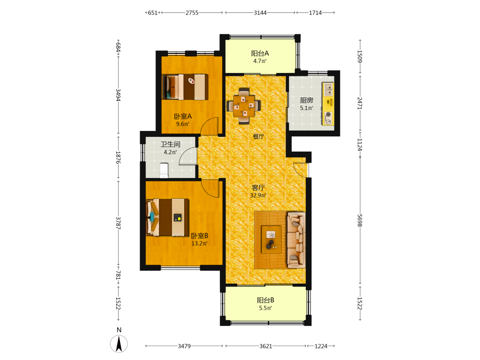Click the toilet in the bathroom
pyautogui.click(x=164, y=170)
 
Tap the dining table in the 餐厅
pyautogui.click(x=244, y=106)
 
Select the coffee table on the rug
pyautogui.click(x=271, y=240)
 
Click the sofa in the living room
pyautogui.click(x=296, y=240)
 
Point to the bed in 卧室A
pyautogui.click(x=185, y=87)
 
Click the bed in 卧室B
pyautogui.click(x=168, y=217)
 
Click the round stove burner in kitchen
pyautogui.click(x=328, y=115)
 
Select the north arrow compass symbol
pyautogui.click(x=119, y=344)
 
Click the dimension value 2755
pyautogui.click(x=192, y=13)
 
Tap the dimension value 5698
pyautogui.click(x=360, y=220)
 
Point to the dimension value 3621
pyautogui.click(x=266, y=346)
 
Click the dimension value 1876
pyautogui.click(x=118, y=157)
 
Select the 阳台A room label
pyautogui.click(x=260, y=53)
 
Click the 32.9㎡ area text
pyautogui.click(x=258, y=195)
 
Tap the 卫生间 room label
pyautogui.click(x=170, y=144)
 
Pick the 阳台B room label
pyautogui.click(x=265, y=300)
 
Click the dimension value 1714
pyautogui.click(x=315, y=13)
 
